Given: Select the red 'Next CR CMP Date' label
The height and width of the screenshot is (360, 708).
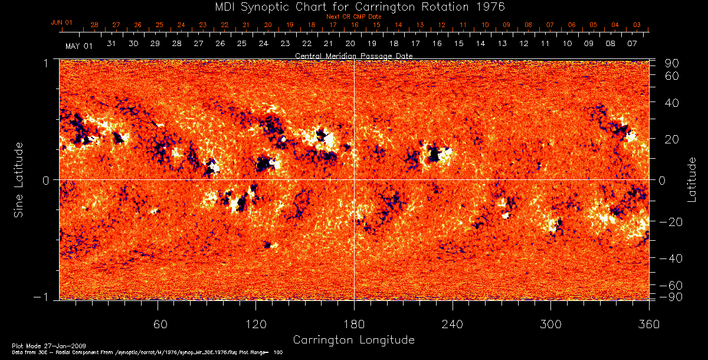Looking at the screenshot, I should coord(354,17).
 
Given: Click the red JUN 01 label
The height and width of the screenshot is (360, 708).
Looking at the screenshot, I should coord(61,22).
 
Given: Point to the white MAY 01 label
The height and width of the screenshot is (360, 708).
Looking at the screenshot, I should coord(79,46).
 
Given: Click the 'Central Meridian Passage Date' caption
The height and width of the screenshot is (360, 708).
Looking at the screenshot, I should coord(354,55).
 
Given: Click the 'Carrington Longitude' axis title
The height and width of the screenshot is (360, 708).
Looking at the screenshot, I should coord(354,340).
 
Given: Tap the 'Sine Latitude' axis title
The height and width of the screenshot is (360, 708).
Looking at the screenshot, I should coord(19,179).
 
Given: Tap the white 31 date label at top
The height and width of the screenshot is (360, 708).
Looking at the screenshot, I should coord(112,44).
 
